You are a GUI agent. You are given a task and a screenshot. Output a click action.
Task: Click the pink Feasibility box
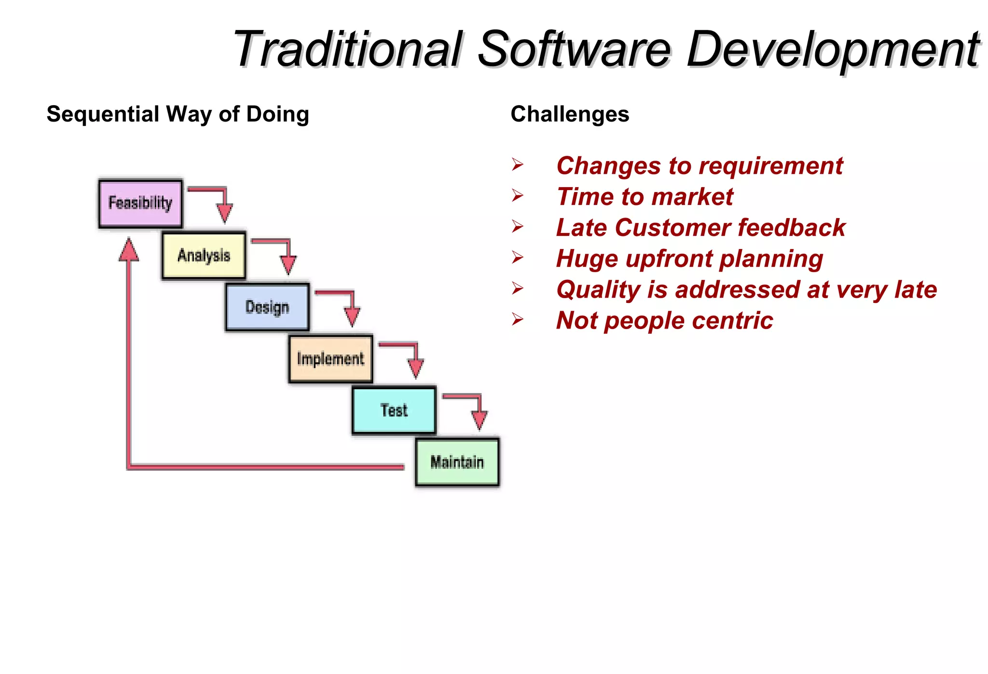coord(140,204)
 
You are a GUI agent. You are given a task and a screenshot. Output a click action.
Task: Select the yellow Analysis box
coord(204,255)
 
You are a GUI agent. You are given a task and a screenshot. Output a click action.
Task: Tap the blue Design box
coord(267,307)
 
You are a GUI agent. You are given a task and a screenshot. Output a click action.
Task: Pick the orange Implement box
coord(330,359)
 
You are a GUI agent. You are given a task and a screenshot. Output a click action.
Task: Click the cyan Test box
coord(394,411)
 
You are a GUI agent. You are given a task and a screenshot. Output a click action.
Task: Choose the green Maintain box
coord(457,462)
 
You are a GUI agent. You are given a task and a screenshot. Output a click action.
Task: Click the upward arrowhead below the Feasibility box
coord(129,250)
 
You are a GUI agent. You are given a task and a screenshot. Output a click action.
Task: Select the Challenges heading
coord(570,114)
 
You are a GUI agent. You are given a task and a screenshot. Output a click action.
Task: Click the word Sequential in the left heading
coord(103,114)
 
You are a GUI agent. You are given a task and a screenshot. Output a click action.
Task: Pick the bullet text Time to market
coord(645,197)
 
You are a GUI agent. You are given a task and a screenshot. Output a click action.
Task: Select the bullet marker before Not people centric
coord(518,319)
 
